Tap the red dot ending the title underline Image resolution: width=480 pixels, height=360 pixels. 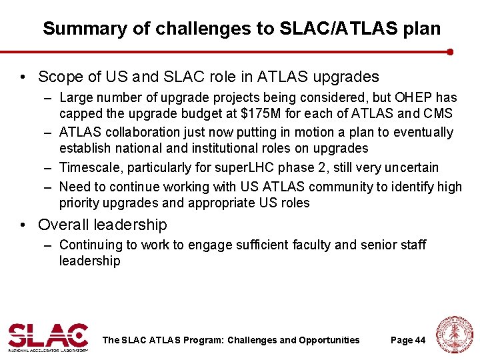[451, 51]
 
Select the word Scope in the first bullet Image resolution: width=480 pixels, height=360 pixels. [57, 77]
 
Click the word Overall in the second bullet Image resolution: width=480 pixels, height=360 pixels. [65, 225]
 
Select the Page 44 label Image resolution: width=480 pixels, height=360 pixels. [407, 340]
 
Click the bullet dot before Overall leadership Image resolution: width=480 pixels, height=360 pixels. [25, 225]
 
